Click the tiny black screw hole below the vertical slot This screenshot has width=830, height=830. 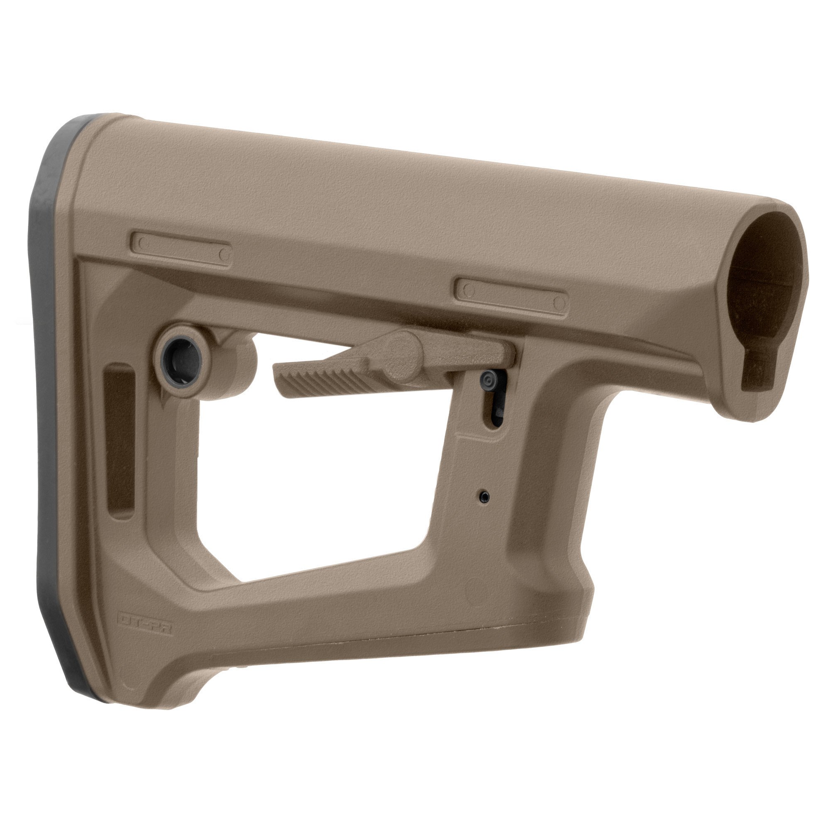485,496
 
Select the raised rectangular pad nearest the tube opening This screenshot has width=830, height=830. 511,296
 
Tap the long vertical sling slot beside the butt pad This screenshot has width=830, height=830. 120,442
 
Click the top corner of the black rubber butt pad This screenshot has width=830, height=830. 82,124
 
